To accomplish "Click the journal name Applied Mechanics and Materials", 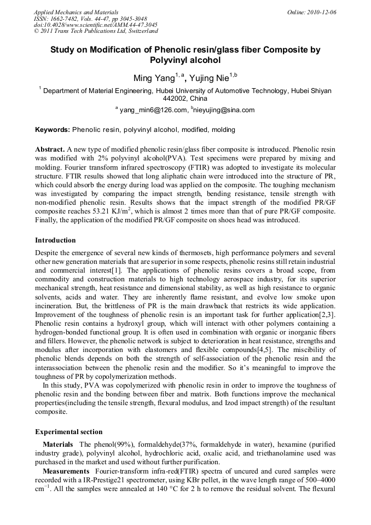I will point(76,12).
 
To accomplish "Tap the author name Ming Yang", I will point(154,78).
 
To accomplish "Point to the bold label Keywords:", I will point(53,130).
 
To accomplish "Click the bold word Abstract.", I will point(50,149).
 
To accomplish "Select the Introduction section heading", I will point(55,240).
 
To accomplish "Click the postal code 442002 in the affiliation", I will point(175,99).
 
